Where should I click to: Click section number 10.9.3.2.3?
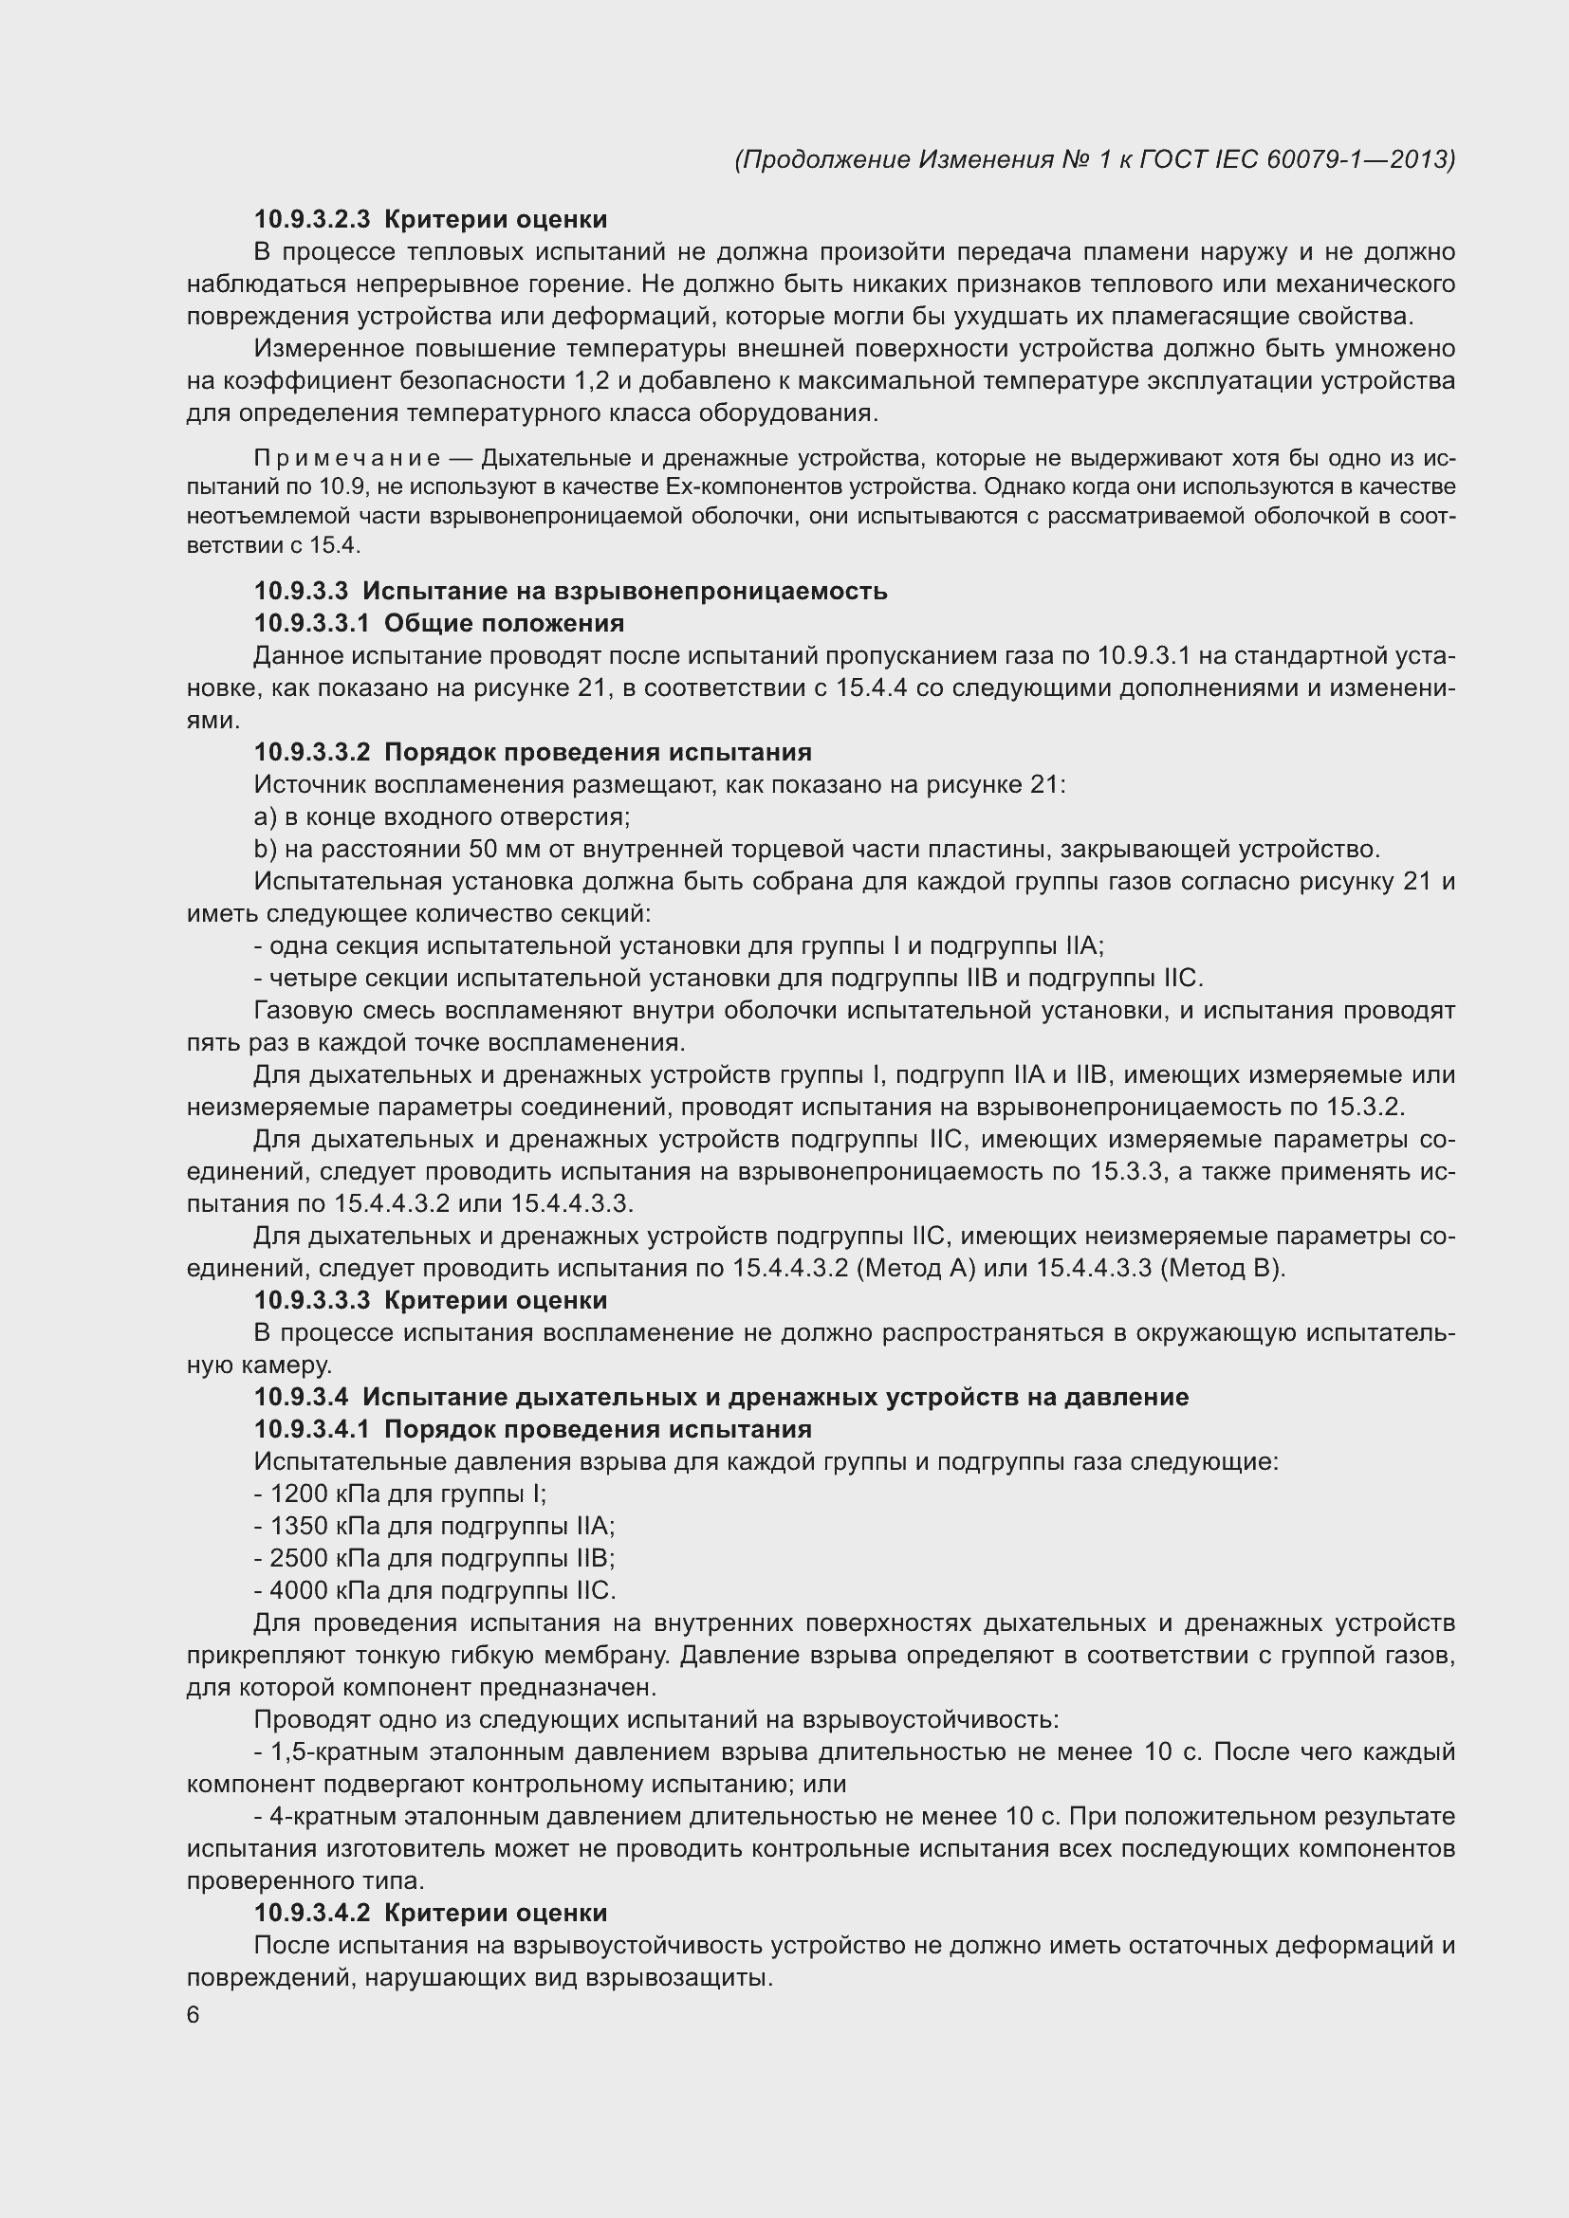click(x=312, y=219)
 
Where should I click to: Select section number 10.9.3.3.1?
click(x=312, y=623)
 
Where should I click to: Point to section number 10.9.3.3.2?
click(x=312, y=752)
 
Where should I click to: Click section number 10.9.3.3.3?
click(x=312, y=1300)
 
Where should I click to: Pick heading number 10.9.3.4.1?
click(x=312, y=1429)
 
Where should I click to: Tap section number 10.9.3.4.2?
click(x=312, y=1913)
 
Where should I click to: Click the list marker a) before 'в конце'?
click(x=265, y=817)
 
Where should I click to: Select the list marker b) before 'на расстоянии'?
click(x=265, y=849)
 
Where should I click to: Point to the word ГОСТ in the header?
click(x=1174, y=159)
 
